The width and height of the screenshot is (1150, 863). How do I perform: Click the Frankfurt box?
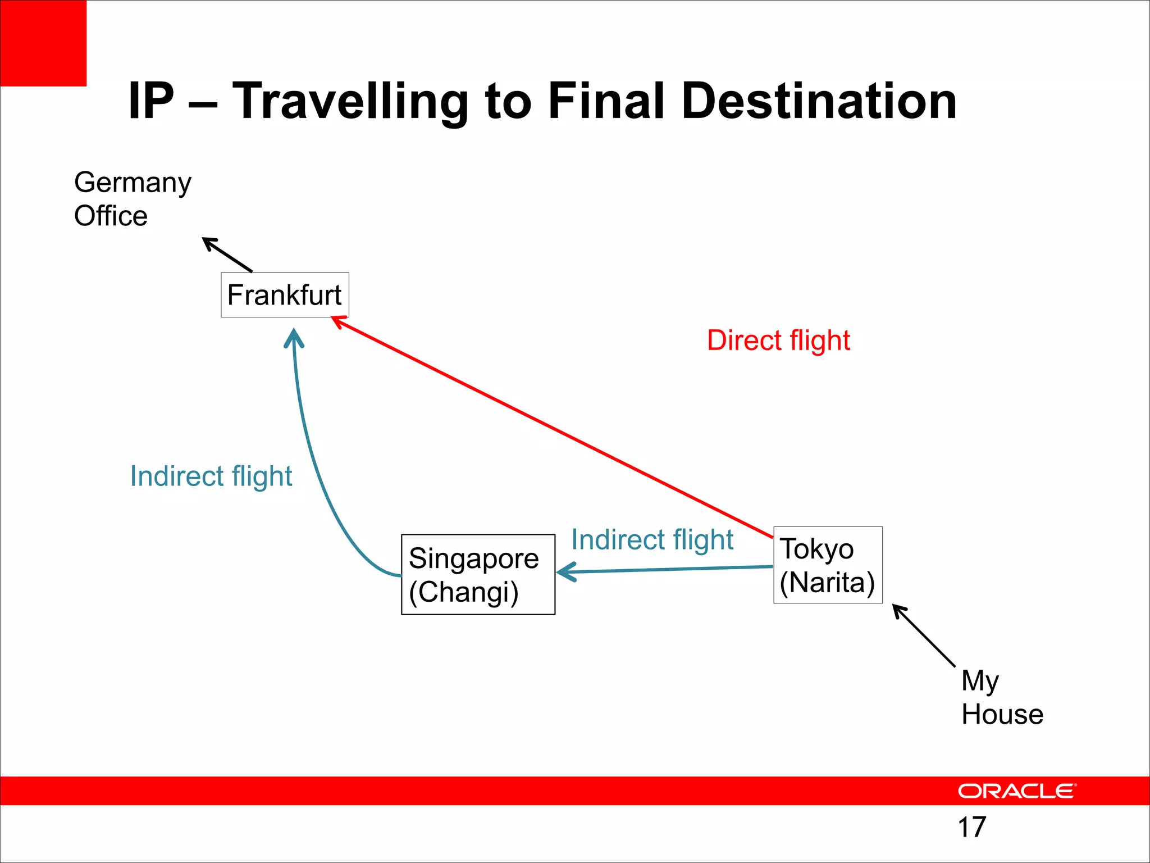pyautogui.click(x=285, y=295)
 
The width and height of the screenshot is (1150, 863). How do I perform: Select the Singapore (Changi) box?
pyautogui.click(x=478, y=574)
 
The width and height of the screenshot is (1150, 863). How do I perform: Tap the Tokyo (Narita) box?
pyautogui.click(x=828, y=565)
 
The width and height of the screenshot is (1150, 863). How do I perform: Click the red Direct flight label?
pyautogui.click(x=778, y=340)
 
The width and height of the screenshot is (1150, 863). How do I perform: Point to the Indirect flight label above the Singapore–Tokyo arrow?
pyautogui.click(x=652, y=540)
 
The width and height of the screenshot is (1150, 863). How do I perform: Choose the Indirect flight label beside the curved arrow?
pyautogui.click(x=211, y=476)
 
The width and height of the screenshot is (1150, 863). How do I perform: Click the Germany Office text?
pyautogui.click(x=133, y=199)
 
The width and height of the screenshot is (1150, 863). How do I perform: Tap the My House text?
pyautogui.click(x=1002, y=697)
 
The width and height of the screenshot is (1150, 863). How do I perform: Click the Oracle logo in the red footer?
pyautogui.click(x=1017, y=791)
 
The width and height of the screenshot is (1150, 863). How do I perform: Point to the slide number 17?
pyautogui.click(x=971, y=827)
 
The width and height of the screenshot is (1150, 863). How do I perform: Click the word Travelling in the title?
pyautogui.click(x=350, y=102)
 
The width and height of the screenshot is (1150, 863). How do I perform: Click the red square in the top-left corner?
pyautogui.click(x=43, y=43)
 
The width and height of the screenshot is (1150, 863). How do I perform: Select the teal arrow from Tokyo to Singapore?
pyautogui.click(x=665, y=570)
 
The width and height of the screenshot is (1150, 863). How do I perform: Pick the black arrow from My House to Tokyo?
pyautogui.click(x=924, y=635)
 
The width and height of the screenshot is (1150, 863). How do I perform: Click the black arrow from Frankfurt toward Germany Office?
pyautogui.click(x=227, y=255)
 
